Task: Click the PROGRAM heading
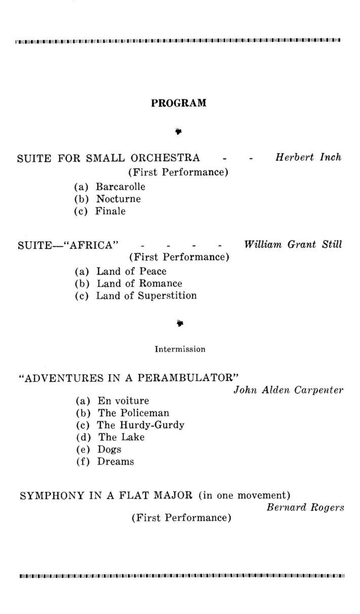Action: point(179,103)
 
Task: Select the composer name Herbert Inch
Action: point(308,157)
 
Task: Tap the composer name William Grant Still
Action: point(293,244)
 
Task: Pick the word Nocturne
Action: point(119,199)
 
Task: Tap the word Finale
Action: point(110,211)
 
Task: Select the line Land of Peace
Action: point(131,271)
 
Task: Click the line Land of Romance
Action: point(139,283)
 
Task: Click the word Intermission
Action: point(180,349)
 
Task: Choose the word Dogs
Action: point(110,450)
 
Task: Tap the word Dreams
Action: point(116,462)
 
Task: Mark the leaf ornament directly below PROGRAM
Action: point(179,132)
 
